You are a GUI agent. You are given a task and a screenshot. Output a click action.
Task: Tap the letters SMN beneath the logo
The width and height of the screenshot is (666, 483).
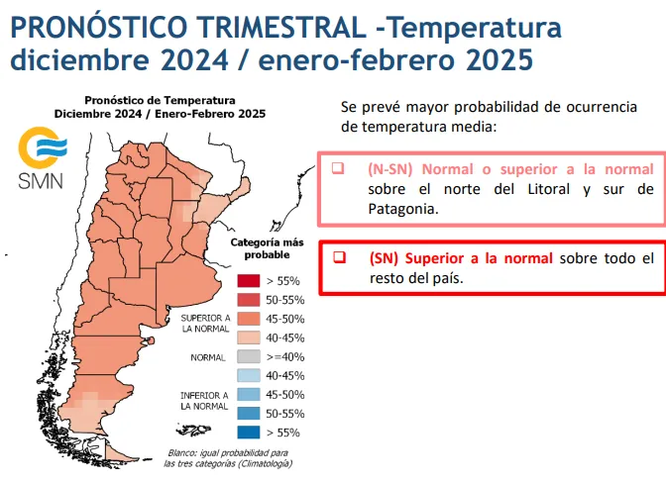39,180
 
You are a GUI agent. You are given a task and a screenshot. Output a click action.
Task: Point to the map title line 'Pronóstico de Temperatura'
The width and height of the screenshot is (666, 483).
160,100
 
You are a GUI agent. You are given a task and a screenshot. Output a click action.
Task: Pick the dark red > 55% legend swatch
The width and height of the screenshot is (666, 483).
248,280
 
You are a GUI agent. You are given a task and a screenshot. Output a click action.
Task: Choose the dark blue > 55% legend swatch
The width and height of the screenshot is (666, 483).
248,432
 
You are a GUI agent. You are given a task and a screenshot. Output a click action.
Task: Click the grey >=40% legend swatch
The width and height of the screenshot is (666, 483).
248,356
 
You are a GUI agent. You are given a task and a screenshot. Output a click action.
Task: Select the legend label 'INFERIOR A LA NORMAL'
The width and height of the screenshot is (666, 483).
205,400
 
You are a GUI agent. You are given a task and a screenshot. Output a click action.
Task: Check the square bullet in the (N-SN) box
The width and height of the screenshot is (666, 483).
338,168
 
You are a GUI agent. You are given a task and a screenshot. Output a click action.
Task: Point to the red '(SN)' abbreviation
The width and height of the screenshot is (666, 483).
383,258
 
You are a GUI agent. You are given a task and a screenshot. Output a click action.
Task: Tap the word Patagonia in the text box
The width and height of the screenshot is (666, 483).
401,209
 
